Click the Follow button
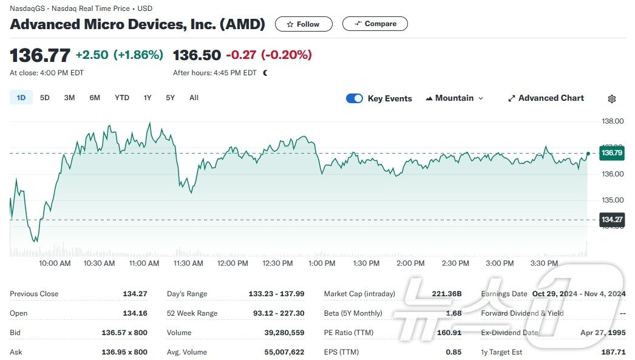304,24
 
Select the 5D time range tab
45,98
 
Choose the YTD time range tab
122,98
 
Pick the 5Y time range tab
170,98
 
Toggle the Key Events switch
355,98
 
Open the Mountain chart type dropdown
455,98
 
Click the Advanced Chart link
546,98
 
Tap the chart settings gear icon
612,99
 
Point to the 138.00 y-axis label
612,121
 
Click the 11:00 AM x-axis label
144,263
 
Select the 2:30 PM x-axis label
455,263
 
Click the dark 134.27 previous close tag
612,220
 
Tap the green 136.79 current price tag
612,153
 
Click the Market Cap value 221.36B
447,294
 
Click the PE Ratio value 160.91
448,333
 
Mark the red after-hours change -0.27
241,55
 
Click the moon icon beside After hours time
265,73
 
